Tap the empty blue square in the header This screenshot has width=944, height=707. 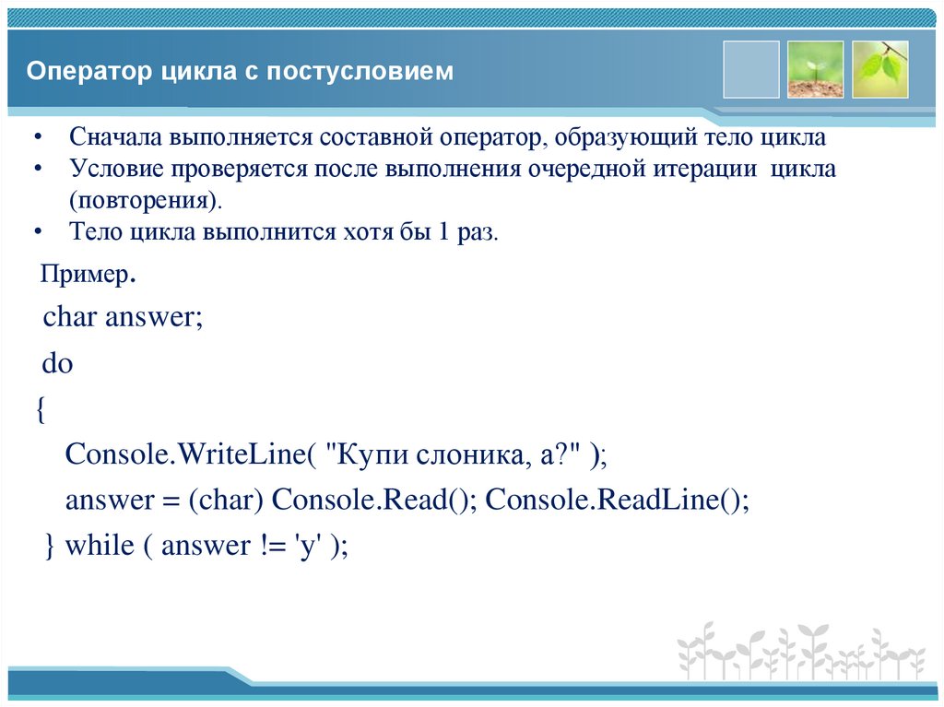click(x=751, y=69)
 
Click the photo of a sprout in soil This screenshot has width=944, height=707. click(x=815, y=69)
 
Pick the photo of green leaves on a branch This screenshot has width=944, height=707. click(x=879, y=69)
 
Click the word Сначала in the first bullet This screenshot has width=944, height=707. click(x=116, y=138)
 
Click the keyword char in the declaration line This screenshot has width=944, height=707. click(x=70, y=318)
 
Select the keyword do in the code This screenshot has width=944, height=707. click(x=57, y=363)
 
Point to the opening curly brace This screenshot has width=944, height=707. click(x=41, y=409)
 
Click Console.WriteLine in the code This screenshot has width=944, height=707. click(x=185, y=454)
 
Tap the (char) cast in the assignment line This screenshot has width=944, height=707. click(x=227, y=501)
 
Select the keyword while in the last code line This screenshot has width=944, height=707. click(x=100, y=546)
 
